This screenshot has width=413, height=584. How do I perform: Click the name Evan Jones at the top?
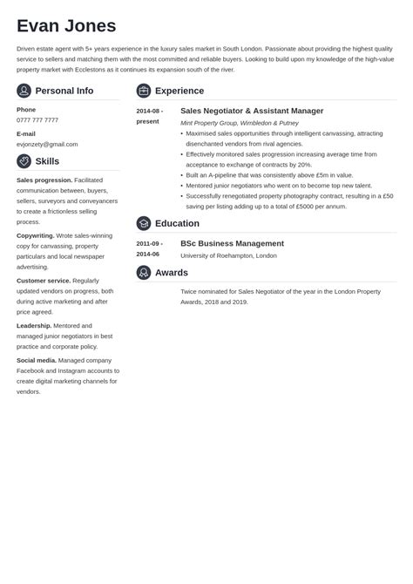[66, 25]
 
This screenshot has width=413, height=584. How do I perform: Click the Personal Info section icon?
[24, 91]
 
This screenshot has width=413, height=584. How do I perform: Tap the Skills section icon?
[24, 161]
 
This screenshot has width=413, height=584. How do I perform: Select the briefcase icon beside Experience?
[144, 91]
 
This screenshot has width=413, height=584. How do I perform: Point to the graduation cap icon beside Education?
[144, 223]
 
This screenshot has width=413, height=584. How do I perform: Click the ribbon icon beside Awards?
[144, 273]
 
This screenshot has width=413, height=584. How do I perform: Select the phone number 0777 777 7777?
[37, 119]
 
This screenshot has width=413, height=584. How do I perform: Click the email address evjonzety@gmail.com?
[47, 144]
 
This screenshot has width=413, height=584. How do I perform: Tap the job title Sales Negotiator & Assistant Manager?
[252, 111]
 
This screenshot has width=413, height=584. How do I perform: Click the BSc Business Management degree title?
[232, 243]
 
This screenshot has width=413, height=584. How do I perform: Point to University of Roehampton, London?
[228, 255]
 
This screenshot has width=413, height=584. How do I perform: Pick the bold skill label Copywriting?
[36, 235]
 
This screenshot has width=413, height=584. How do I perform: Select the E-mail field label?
[26, 133]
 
